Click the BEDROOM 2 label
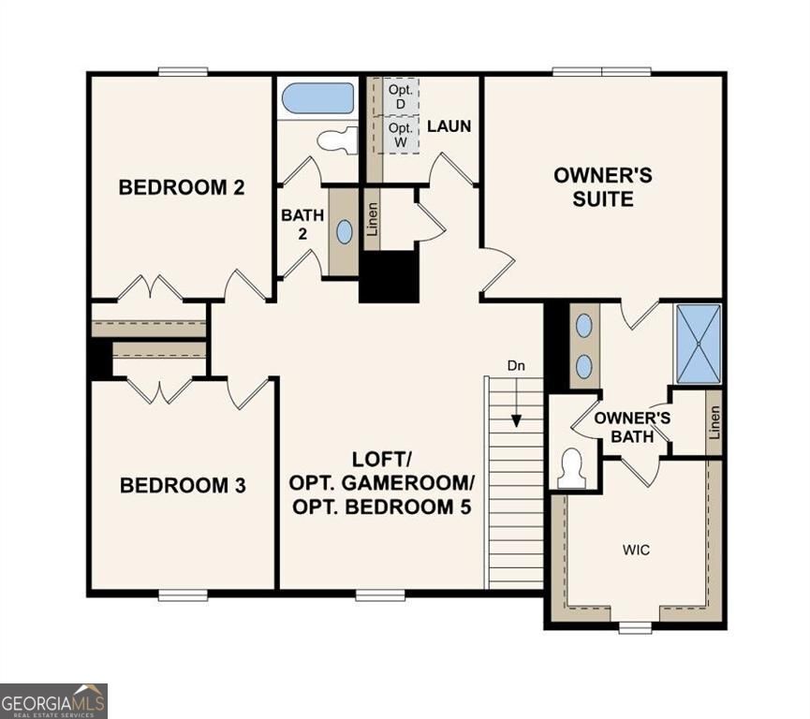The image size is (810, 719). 182,187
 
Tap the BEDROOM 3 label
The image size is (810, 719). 184,486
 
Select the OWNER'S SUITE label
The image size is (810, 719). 603,187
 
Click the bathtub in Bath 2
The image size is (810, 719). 317,98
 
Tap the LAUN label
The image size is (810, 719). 449,125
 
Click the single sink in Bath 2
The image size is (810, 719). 345,232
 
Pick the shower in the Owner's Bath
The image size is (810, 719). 699,344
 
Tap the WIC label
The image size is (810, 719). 636,550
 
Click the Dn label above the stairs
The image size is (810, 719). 515,365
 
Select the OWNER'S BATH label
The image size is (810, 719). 633,427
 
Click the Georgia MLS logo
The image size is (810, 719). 54,700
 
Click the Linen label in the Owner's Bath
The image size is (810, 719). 714,423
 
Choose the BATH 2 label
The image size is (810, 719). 302,224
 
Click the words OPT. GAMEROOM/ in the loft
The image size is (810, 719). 382,483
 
